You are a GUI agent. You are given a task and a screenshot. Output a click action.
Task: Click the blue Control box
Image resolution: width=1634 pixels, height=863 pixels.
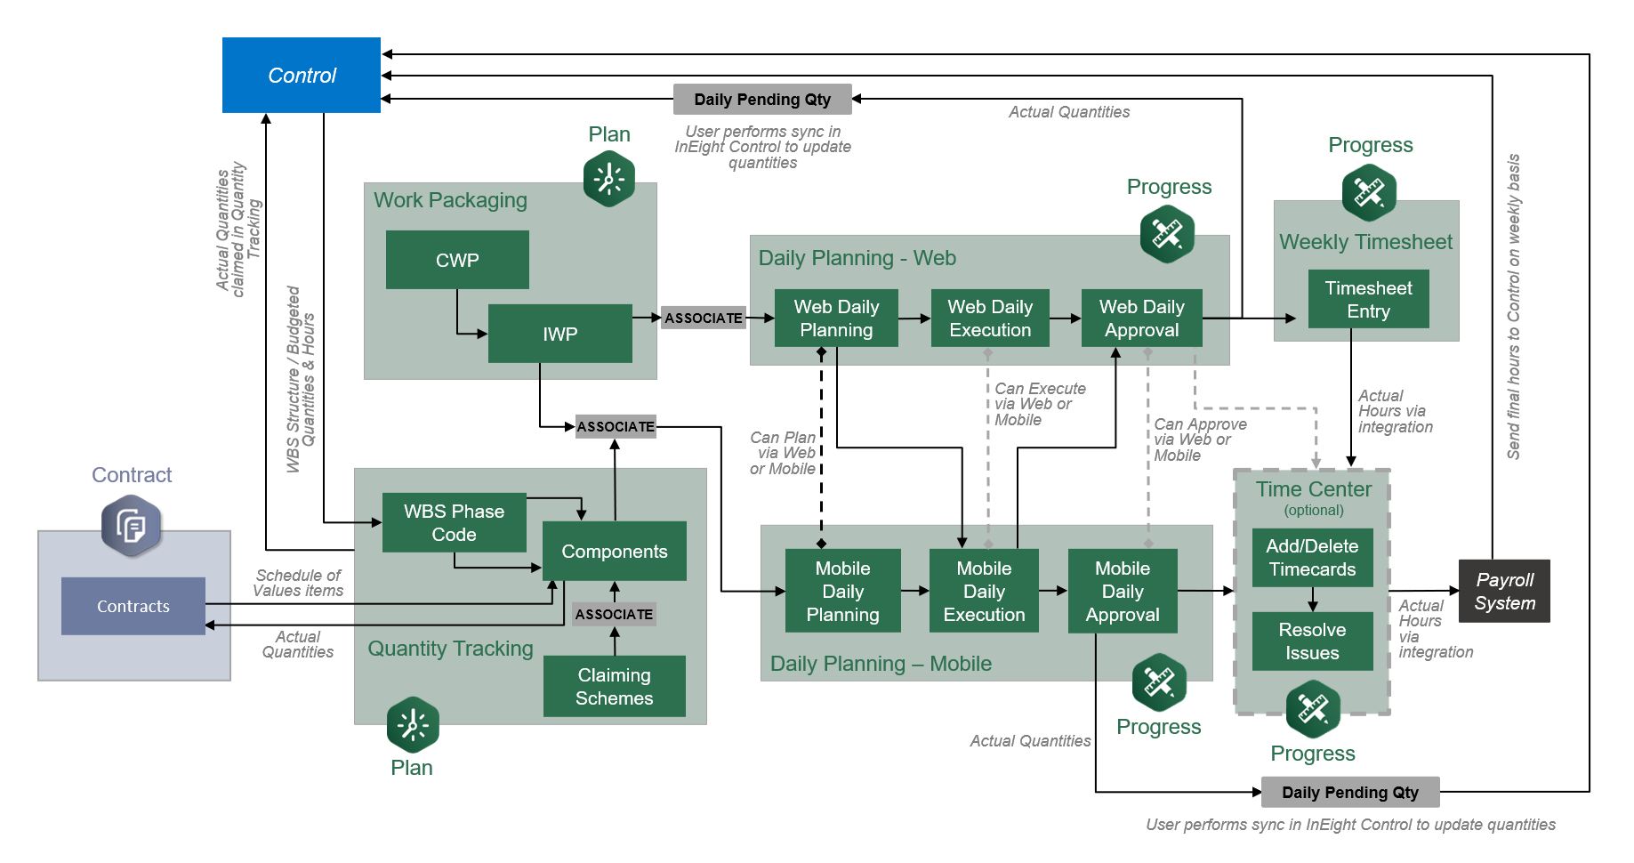pyautogui.click(x=302, y=76)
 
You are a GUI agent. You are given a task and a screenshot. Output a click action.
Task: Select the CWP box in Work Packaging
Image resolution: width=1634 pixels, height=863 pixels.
pyautogui.click(x=457, y=260)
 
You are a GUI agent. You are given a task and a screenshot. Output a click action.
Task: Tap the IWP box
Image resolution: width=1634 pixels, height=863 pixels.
pyautogui.click(x=559, y=334)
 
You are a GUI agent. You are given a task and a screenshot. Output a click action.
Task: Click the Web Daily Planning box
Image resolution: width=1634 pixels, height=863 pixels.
pyautogui.click(x=836, y=319)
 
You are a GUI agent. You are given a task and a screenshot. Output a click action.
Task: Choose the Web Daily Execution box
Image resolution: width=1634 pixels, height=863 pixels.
pyautogui.click(x=990, y=319)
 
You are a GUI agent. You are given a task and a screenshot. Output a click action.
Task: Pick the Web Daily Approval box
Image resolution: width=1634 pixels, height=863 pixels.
pyautogui.click(x=1141, y=319)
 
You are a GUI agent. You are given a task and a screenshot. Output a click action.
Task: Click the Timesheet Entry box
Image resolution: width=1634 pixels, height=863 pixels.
pyautogui.click(x=1368, y=300)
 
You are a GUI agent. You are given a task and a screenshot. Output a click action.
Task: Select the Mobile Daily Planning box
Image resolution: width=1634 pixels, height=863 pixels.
pyautogui.click(x=842, y=591)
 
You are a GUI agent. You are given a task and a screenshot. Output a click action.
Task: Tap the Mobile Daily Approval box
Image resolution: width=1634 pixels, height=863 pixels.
pyautogui.click(x=1123, y=591)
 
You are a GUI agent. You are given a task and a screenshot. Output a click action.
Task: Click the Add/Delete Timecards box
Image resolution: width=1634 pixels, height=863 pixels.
pyautogui.click(x=1312, y=558)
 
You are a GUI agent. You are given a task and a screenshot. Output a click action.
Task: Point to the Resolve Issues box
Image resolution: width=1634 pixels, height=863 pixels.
pyautogui.click(x=1312, y=641)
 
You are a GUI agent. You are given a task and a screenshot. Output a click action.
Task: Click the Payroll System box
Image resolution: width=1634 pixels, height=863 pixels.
pyautogui.click(x=1504, y=591)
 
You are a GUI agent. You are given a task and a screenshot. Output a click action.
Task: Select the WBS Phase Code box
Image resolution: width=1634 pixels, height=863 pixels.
pyautogui.click(x=454, y=523)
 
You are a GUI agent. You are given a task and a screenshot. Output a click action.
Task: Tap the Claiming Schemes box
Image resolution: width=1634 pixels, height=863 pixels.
pyautogui.click(x=614, y=686)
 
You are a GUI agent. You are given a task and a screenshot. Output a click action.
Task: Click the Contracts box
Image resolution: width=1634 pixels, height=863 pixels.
pyautogui.click(x=133, y=606)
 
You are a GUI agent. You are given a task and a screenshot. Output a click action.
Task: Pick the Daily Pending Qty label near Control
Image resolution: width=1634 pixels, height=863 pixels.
pyautogui.click(x=762, y=100)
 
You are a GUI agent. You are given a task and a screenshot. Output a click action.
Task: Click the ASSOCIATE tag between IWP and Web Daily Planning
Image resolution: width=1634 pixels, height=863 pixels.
pyautogui.click(x=704, y=318)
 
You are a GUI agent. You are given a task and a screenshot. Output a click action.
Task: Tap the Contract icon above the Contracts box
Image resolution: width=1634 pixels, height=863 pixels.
pyautogui.click(x=132, y=526)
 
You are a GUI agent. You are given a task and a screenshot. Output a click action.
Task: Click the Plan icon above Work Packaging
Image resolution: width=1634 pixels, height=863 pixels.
pyautogui.click(x=609, y=179)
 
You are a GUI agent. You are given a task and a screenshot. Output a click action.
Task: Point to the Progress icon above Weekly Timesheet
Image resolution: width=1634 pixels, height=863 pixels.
pyautogui.click(x=1369, y=192)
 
